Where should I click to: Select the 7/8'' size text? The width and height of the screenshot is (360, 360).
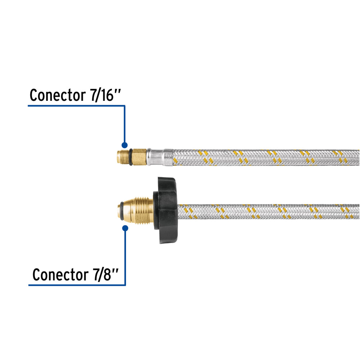[104, 275]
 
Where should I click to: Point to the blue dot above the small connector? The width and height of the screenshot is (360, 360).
[125, 145]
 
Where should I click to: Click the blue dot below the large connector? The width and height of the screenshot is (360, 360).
[125, 228]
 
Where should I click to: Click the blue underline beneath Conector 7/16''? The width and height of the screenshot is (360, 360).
[76, 106]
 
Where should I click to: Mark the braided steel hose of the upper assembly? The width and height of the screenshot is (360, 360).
[266, 157]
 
